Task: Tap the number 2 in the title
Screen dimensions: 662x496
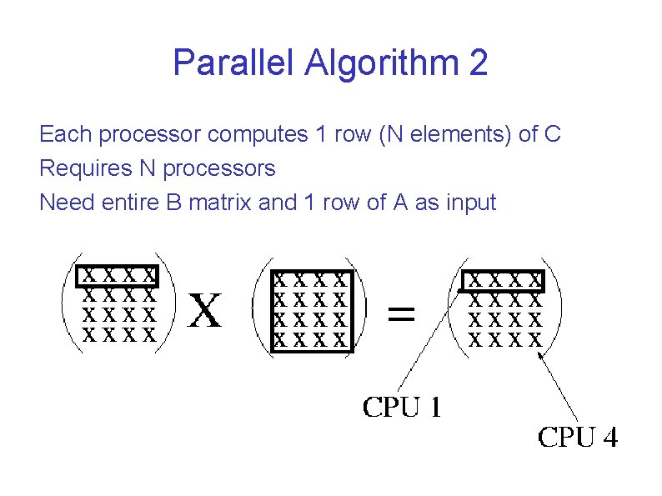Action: pyautogui.click(x=478, y=63)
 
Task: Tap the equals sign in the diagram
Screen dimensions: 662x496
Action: pyautogui.click(x=402, y=314)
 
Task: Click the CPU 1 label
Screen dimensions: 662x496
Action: pyautogui.click(x=402, y=408)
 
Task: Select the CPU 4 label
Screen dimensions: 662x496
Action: pyautogui.click(x=578, y=437)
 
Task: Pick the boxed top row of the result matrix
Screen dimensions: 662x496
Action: pyautogui.click(x=504, y=280)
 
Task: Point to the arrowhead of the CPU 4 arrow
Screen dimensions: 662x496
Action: pyautogui.click(x=542, y=356)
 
